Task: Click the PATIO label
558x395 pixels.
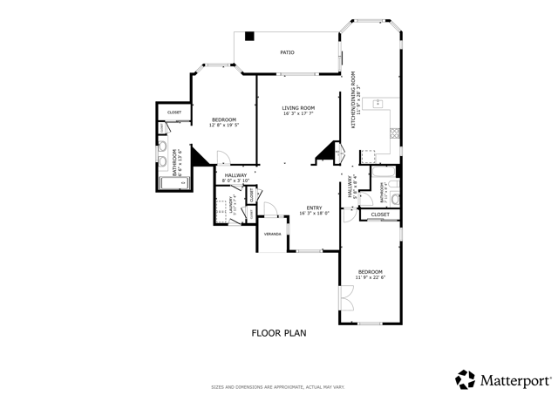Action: coord(287,52)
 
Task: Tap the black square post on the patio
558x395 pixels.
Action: coord(249,37)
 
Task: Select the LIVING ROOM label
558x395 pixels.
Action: coord(297,108)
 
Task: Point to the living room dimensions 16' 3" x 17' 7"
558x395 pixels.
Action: coord(297,114)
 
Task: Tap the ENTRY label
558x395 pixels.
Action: coord(313,208)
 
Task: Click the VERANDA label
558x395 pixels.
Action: coord(273,235)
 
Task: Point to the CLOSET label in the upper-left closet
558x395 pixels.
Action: coord(174,112)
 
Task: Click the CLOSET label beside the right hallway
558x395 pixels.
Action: coord(380,214)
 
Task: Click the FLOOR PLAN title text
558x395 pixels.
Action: coord(279,332)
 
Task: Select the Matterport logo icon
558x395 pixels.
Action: coord(465,379)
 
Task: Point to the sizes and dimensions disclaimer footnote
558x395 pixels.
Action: coord(279,387)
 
